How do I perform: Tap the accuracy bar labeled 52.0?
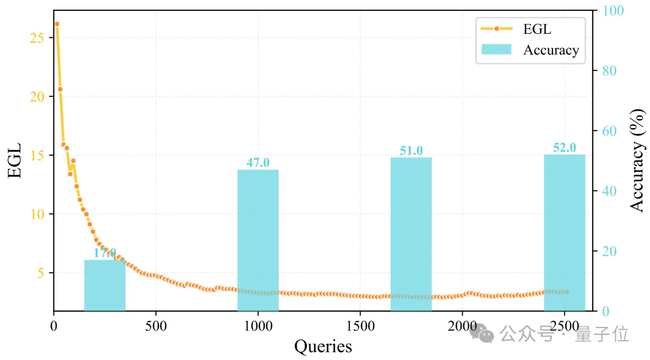(565, 232)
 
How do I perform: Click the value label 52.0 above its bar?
(565, 147)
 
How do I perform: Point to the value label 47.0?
(258, 163)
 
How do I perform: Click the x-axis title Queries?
(323, 346)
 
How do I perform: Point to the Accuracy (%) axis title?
(637, 160)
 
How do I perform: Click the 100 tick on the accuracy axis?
(610, 11)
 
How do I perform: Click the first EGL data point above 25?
(57, 24)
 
